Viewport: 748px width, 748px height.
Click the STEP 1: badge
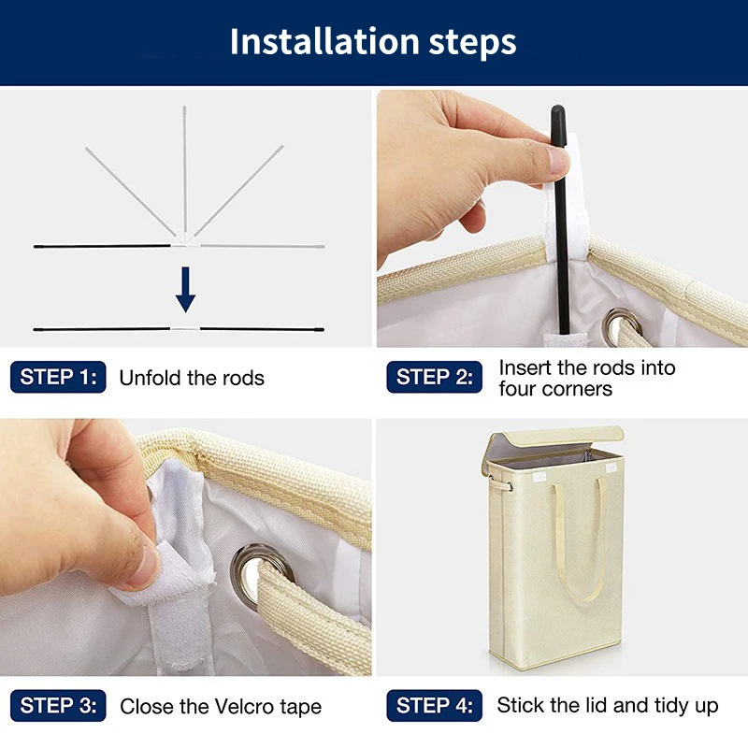click(58, 377)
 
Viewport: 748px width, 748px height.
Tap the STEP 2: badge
click(434, 377)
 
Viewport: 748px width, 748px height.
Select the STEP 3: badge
click(58, 706)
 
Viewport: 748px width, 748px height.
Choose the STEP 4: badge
click(434, 706)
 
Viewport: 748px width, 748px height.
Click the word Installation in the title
click(324, 41)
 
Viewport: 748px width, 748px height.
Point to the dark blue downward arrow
click(185, 290)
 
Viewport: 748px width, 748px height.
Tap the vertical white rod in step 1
click(184, 170)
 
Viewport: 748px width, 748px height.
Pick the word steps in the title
click(472, 43)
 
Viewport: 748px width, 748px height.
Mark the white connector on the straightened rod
click(185, 329)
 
